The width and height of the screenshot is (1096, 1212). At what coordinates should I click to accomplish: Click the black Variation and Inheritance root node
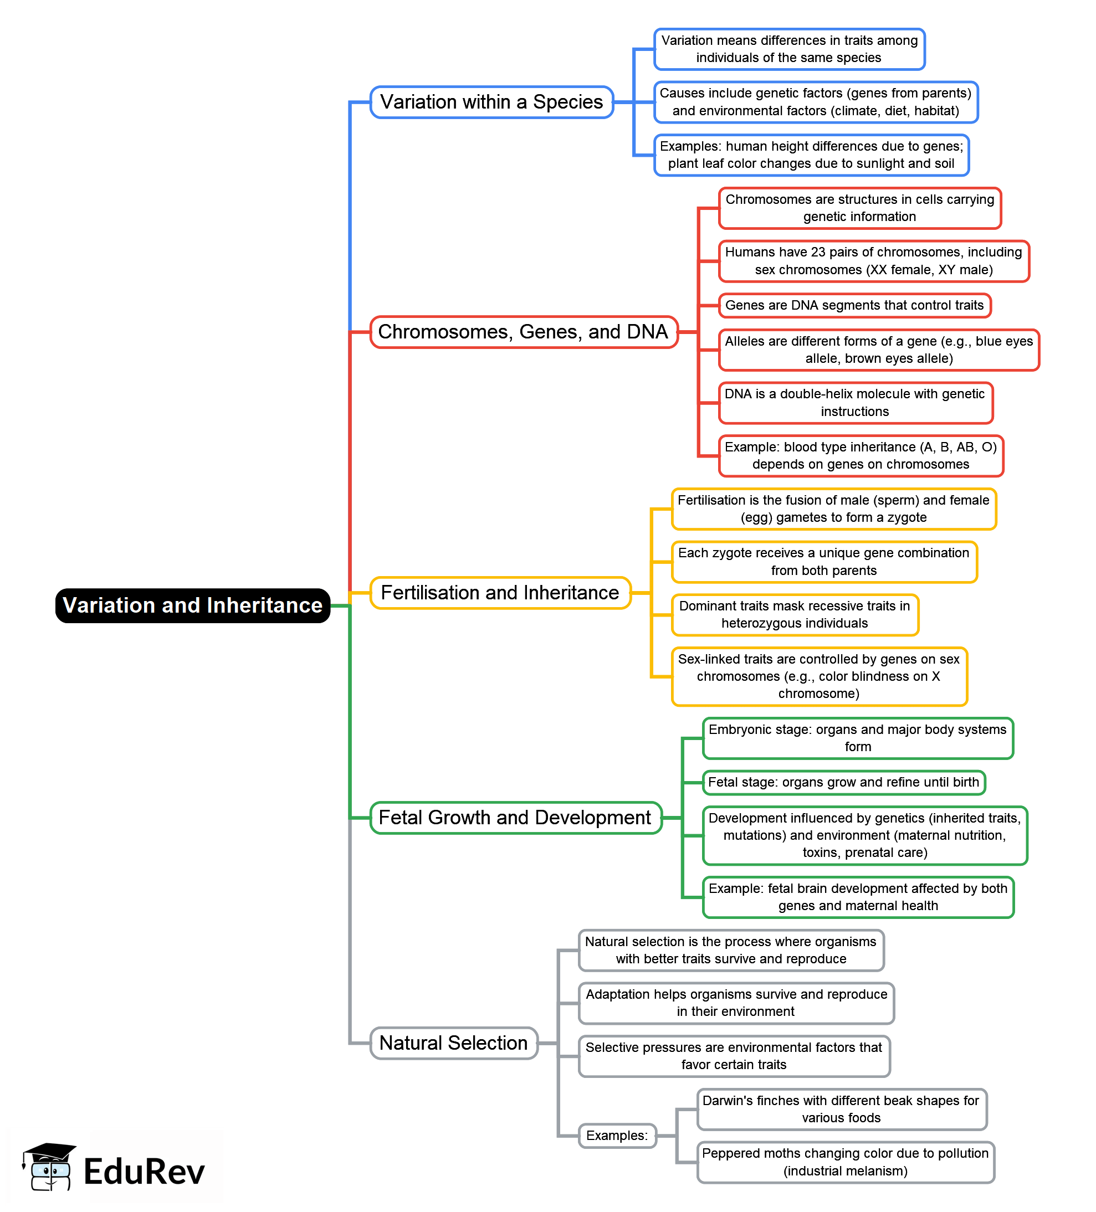tap(192, 605)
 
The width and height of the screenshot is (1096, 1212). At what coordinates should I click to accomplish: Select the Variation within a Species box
tap(491, 102)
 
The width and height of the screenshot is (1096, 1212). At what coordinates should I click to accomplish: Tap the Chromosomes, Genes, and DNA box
tap(523, 332)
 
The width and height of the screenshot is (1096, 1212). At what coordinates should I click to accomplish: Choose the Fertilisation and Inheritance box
tap(500, 593)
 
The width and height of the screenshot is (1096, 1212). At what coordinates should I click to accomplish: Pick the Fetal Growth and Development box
tap(515, 818)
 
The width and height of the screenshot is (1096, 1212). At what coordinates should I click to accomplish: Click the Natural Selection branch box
tap(453, 1043)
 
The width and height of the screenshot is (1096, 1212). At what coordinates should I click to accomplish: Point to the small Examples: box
tap(617, 1136)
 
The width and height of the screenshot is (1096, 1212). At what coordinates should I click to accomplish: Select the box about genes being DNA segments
tap(854, 305)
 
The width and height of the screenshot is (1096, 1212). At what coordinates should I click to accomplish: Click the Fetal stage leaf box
tap(843, 782)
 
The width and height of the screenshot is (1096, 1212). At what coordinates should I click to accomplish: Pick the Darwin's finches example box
tap(841, 1109)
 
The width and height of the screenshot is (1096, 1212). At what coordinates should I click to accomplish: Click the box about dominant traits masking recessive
tap(794, 615)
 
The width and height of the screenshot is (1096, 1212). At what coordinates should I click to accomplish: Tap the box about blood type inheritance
tap(861, 456)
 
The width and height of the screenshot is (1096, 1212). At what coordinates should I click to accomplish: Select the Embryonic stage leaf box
tap(857, 738)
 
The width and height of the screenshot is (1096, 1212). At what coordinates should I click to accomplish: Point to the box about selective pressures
tap(734, 1056)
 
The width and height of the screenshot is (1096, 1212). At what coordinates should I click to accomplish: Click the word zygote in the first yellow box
tap(906, 517)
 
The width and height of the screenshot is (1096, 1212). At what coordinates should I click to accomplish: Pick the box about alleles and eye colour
tap(878, 350)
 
